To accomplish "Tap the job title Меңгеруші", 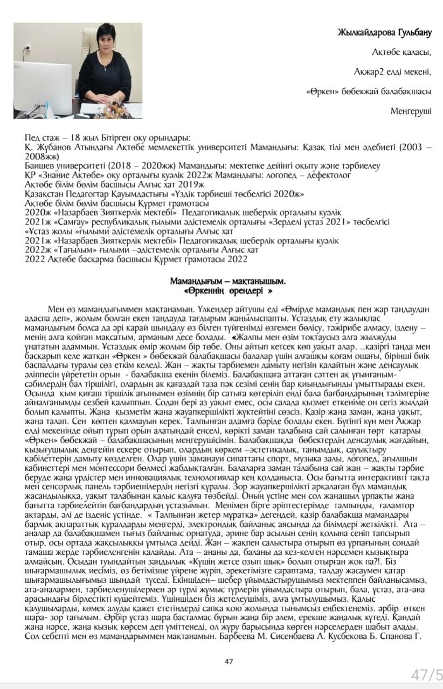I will coord(411,111).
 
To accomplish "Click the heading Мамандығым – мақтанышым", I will coord(227,281).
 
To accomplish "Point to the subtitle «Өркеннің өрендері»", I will coord(227,291).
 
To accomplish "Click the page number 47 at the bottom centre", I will coord(229,662).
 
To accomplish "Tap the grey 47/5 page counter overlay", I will coord(426,674).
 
